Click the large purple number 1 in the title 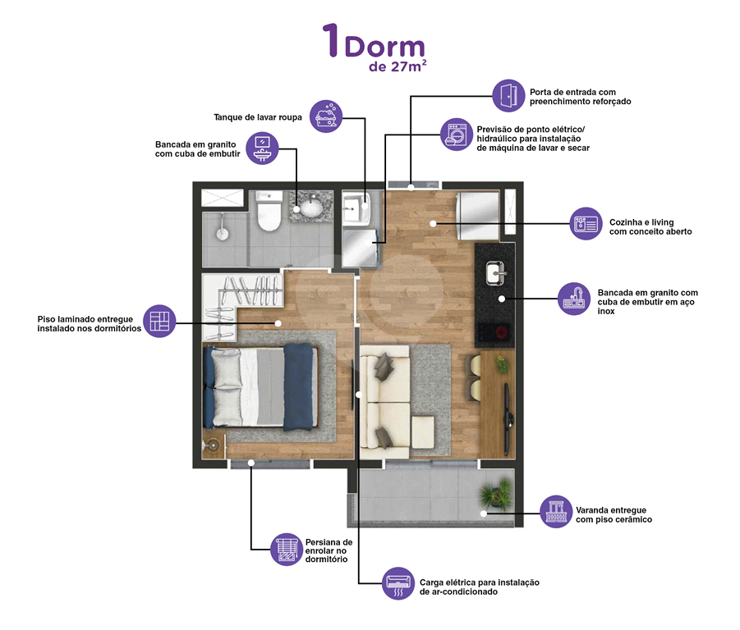coord(331,40)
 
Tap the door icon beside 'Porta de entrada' coord(508,96)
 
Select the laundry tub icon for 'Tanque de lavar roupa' coord(325,116)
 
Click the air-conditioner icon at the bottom coord(398,583)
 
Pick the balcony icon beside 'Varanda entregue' coord(556,511)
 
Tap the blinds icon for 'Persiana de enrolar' coord(287,550)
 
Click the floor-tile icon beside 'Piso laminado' coord(159,321)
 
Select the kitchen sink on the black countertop coord(495,273)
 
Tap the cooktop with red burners coord(494,332)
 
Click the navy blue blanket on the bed coord(298,387)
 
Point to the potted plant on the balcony coord(496,493)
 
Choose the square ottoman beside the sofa coord(423,432)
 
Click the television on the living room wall coord(508,417)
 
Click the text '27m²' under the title coord(409,66)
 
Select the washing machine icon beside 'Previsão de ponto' coord(457,135)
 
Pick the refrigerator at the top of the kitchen coord(477,217)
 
